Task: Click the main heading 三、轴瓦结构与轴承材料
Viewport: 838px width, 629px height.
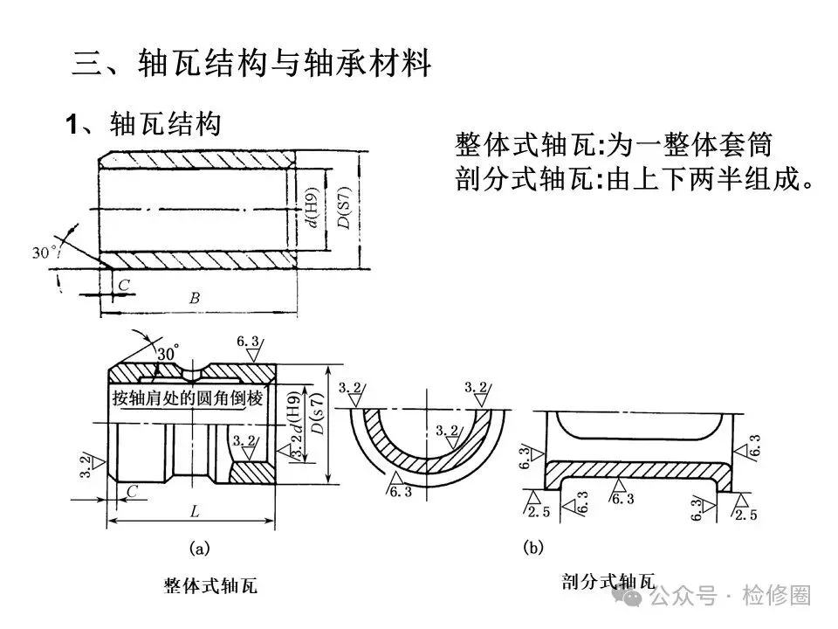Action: pos(251,63)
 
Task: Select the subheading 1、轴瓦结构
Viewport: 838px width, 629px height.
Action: pos(143,124)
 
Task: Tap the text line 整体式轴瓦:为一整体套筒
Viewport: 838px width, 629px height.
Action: pos(614,144)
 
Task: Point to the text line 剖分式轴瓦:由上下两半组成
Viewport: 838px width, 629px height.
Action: pos(635,178)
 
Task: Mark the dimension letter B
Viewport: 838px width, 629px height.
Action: pos(195,298)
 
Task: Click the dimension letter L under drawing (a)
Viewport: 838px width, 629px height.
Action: pos(195,512)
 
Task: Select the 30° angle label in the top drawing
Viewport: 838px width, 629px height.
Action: pos(45,252)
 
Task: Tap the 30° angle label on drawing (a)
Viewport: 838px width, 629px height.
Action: pos(168,354)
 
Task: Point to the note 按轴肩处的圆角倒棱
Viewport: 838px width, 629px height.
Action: pos(188,398)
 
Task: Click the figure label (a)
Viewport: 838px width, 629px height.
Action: pos(200,549)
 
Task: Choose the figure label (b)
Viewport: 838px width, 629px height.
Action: pos(532,548)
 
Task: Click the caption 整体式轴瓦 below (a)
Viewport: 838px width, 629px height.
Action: pos(210,585)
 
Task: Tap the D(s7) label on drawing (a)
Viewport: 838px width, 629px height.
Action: pos(318,414)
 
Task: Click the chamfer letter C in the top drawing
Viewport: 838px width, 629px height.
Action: pos(124,285)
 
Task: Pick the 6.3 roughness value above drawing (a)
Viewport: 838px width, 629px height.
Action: pos(248,341)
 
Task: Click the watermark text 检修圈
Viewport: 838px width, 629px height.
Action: pos(776,595)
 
